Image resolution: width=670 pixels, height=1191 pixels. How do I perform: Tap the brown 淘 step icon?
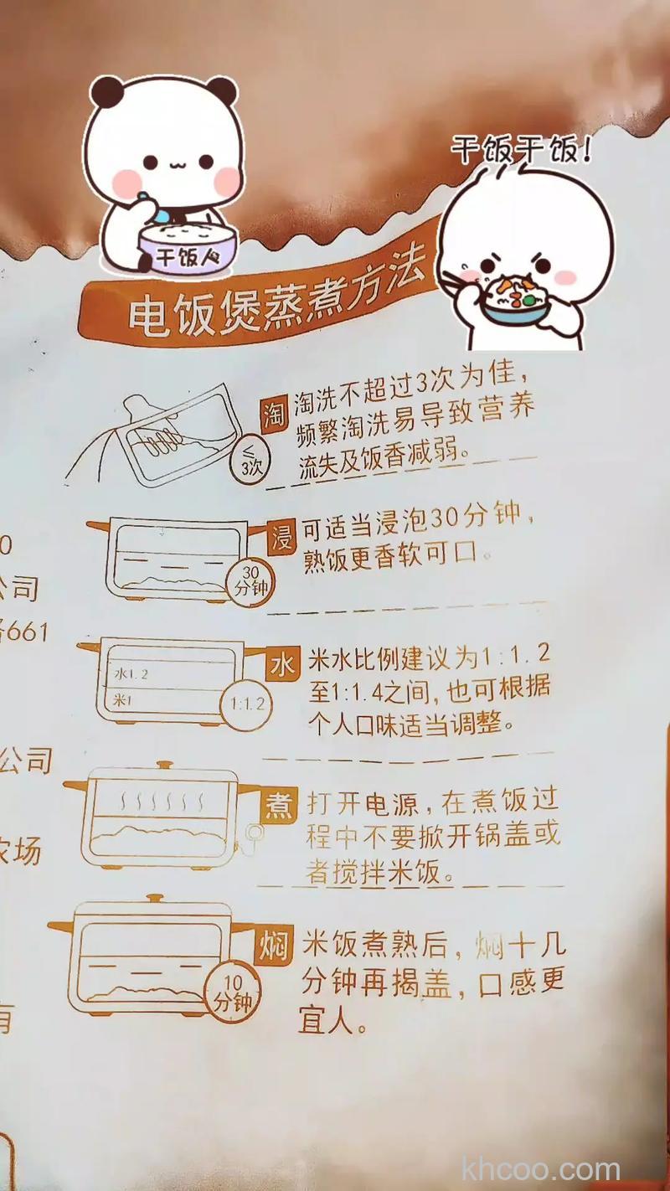[274, 414]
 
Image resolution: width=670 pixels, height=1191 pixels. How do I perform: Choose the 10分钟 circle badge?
[232, 993]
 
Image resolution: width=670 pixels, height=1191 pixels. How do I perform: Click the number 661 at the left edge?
[25, 631]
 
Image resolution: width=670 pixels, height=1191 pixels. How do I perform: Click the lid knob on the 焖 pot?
[154, 900]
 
